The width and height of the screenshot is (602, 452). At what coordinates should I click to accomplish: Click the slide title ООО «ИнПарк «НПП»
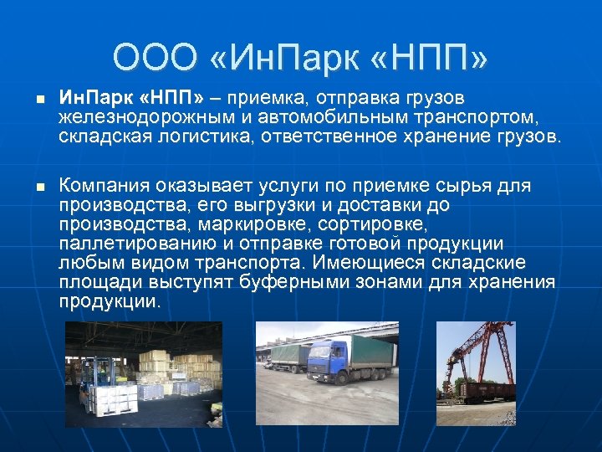click(301, 58)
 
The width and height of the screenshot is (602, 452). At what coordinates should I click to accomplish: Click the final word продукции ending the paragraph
click(110, 301)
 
